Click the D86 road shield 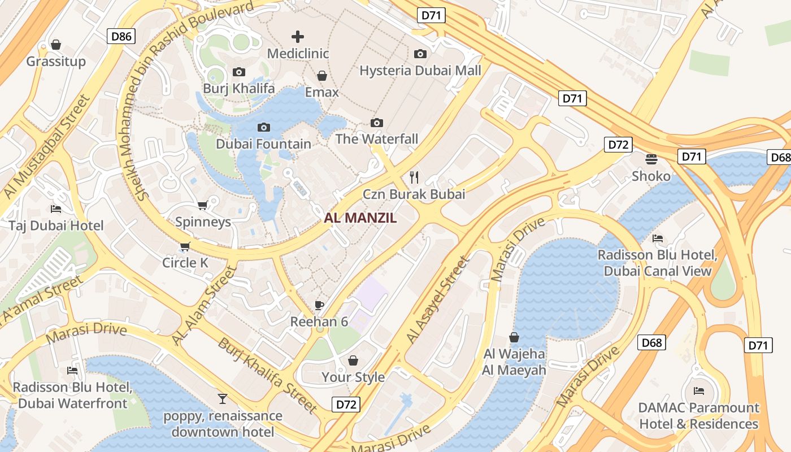click(x=121, y=37)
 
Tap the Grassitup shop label click(x=56, y=61)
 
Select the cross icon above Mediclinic click(x=298, y=37)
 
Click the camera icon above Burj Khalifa click(x=239, y=72)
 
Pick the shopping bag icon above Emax click(x=322, y=76)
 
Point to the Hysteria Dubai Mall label click(x=420, y=70)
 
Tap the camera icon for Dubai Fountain click(x=264, y=127)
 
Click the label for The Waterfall click(x=377, y=138)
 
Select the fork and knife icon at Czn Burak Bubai click(x=414, y=177)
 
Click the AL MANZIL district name click(x=360, y=218)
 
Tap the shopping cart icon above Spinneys click(x=202, y=205)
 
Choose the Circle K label click(x=185, y=263)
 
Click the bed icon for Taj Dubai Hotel click(x=56, y=209)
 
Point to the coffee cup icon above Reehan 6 click(x=319, y=305)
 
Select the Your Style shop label click(x=353, y=377)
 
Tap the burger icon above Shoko click(x=651, y=159)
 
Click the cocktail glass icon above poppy click(x=223, y=399)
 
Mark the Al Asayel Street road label click(x=438, y=300)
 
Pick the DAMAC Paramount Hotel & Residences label click(x=699, y=415)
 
